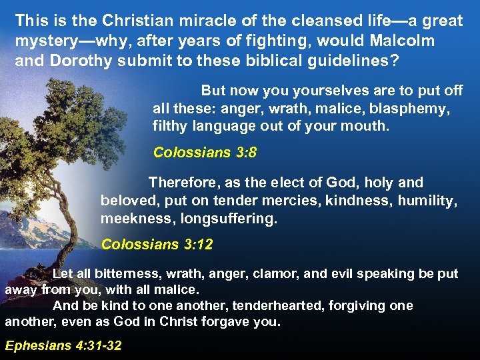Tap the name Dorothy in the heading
77,60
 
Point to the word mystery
47,41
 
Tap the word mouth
363,125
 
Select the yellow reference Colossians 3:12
157,245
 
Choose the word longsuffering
229,218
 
